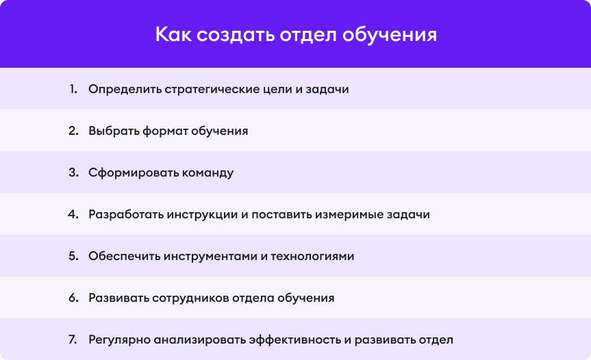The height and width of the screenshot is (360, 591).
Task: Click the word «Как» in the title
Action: [x=173, y=34]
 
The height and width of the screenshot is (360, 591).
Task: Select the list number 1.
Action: [x=73, y=89]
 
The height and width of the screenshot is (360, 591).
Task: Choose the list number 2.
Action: [x=73, y=131]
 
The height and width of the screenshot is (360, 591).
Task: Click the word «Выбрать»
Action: [x=114, y=131]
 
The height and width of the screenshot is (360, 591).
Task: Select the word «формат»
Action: [x=165, y=131]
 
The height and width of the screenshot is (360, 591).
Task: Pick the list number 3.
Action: [x=73, y=172]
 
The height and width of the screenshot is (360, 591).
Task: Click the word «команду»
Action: [x=208, y=173]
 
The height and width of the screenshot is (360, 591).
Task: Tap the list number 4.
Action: [x=73, y=214]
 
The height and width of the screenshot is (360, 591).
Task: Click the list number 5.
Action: [x=73, y=256]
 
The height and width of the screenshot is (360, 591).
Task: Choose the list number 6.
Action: [x=73, y=298]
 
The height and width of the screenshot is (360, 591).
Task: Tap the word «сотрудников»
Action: [x=190, y=298]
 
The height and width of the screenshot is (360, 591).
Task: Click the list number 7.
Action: [x=73, y=339]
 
